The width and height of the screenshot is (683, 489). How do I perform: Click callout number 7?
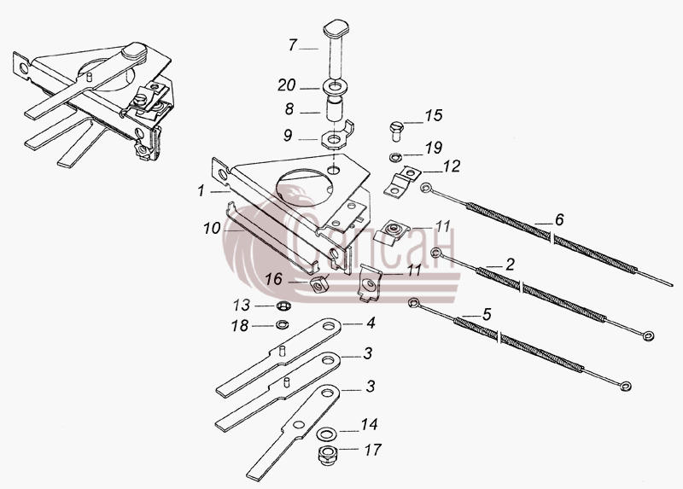point(293,45)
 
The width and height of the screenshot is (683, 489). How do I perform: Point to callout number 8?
point(289,109)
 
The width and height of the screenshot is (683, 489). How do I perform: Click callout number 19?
point(434,148)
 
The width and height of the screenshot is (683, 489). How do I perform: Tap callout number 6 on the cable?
point(559,219)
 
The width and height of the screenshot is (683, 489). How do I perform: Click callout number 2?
point(510,265)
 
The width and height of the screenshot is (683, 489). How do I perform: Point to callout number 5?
point(487,314)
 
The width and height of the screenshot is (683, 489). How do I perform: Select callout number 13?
point(241,306)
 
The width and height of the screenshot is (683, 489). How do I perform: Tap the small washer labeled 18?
point(283,324)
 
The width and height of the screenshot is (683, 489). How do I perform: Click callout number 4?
point(371,323)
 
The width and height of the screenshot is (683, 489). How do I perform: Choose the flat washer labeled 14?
point(324,434)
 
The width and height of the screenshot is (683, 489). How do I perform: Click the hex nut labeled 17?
point(325,455)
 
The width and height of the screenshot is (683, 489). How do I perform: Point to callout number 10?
point(212,228)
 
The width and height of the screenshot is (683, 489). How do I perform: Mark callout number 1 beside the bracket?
point(201,190)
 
